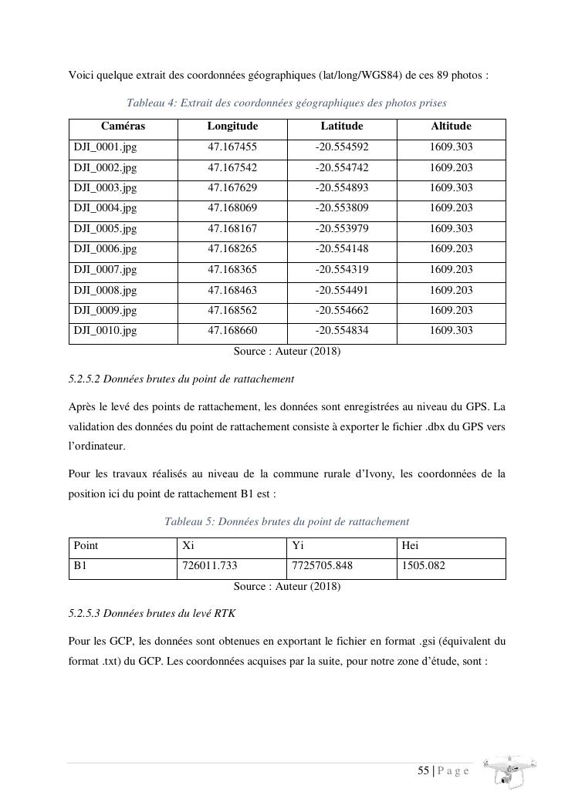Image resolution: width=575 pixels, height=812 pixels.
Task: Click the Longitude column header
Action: [x=232, y=126]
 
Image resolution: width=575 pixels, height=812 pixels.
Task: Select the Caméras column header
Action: [x=123, y=126]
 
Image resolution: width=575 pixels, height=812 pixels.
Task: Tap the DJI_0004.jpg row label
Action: [x=105, y=208]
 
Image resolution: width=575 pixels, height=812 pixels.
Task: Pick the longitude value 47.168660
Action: [x=232, y=331]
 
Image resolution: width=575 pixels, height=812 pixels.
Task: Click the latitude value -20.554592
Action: [x=342, y=147]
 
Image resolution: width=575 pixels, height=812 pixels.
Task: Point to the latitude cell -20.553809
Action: [x=342, y=208]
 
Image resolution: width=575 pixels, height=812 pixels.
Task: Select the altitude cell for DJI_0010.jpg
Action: [x=451, y=331]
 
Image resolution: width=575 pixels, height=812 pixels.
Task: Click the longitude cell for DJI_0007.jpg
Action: [x=232, y=270]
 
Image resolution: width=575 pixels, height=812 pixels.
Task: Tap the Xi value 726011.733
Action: [x=208, y=566]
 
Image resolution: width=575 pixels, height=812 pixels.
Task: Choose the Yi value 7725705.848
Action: [x=322, y=566]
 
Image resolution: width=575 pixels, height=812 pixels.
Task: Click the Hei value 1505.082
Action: [x=424, y=566]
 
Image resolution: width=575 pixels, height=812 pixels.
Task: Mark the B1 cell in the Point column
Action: [x=81, y=566]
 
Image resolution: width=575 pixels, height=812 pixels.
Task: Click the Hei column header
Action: [x=411, y=546]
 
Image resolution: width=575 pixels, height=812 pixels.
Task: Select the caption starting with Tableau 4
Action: [x=286, y=103]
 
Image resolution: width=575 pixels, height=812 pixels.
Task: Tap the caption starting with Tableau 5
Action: [x=286, y=522]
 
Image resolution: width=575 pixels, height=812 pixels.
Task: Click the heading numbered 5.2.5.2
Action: [x=181, y=379]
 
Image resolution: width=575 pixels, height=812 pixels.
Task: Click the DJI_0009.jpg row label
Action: [x=105, y=311]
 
